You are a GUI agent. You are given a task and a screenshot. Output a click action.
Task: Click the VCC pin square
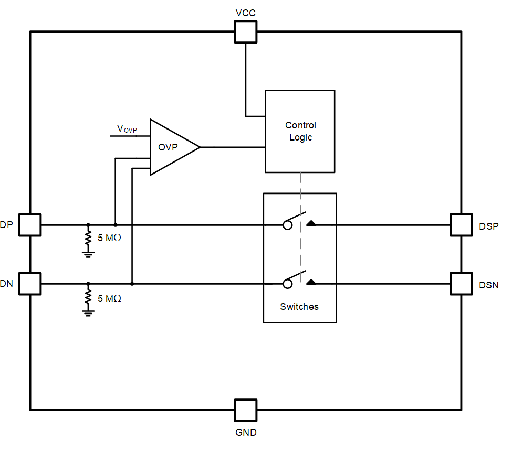(245, 31)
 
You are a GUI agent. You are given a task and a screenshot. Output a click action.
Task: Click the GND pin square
(245, 410)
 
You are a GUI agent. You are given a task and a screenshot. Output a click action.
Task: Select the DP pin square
(30, 225)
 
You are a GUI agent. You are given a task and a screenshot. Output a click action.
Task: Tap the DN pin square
(30, 284)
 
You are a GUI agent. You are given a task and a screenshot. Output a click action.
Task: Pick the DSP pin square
(462, 225)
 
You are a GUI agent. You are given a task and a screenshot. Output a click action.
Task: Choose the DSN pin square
(462, 284)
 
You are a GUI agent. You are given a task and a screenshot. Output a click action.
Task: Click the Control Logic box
(300, 131)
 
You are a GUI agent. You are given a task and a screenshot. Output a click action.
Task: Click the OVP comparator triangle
(171, 147)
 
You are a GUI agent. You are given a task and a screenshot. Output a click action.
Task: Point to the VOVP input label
(127, 128)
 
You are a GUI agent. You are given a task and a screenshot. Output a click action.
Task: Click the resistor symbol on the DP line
(88, 239)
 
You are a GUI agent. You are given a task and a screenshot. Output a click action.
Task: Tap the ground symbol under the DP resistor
(88, 254)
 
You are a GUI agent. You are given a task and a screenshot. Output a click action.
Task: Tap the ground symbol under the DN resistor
(88, 313)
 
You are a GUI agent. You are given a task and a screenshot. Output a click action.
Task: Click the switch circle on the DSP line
(287, 225)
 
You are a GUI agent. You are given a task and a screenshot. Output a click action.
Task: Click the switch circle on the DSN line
(287, 284)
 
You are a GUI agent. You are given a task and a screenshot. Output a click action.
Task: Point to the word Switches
(299, 307)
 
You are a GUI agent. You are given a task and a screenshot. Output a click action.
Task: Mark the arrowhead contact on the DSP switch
(311, 223)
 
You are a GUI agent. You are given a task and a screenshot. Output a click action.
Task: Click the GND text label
(245, 433)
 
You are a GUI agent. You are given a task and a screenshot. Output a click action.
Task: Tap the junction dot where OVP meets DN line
(132, 284)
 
